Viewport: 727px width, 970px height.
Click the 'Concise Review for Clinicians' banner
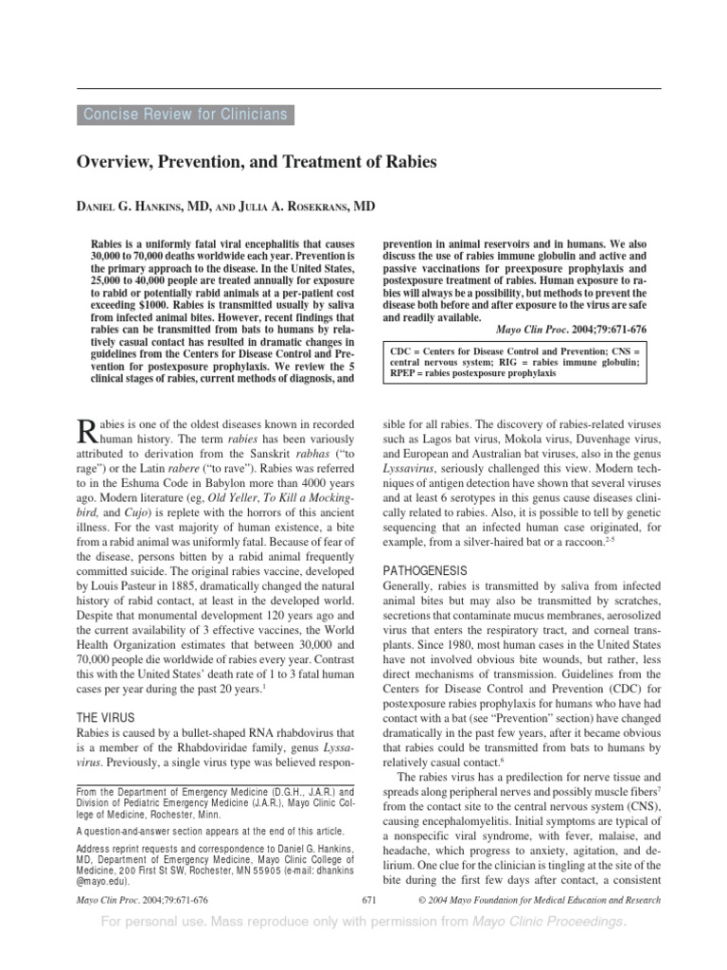(185, 115)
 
